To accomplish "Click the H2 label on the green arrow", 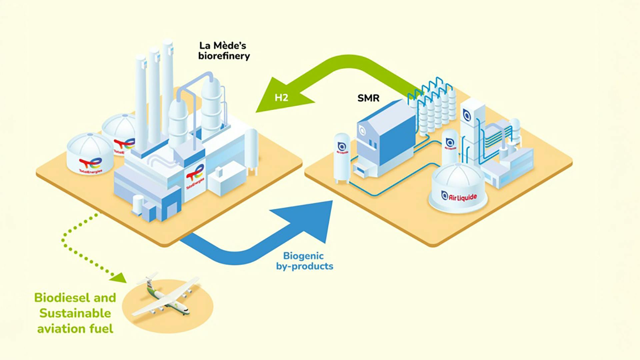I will (x=281, y=97).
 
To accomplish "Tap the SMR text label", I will (x=368, y=98).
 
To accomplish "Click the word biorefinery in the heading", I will (x=224, y=56).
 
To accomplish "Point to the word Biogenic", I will (x=303, y=256).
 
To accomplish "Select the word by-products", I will (x=305, y=266).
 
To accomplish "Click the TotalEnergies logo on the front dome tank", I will (x=90, y=164).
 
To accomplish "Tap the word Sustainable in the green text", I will (x=75, y=313).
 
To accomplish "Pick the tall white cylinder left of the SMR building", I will (x=342, y=157).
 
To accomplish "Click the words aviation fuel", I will (x=75, y=329).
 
